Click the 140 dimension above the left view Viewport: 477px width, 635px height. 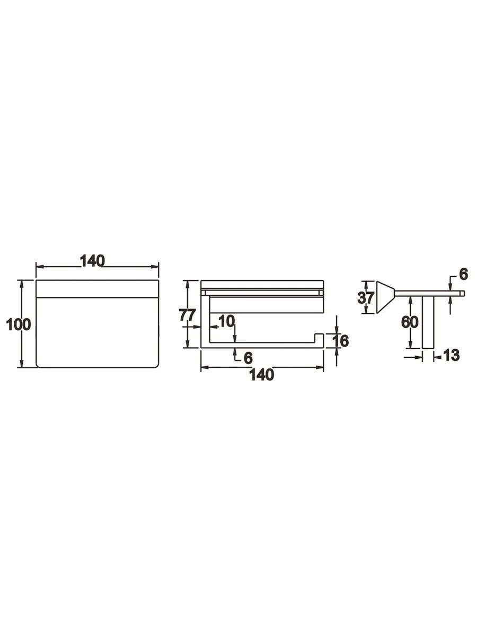coord(92,261)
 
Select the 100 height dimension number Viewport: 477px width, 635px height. coord(18,324)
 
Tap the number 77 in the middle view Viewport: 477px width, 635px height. coord(188,315)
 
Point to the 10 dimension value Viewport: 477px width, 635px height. coord(226,321)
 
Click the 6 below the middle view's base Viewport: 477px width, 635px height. coord(248,358)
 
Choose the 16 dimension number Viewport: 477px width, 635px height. coord(340,341)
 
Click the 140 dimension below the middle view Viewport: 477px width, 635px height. coord(261,375)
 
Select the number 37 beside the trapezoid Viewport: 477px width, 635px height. coord(366,298)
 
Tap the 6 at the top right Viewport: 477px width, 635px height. coord(463,274)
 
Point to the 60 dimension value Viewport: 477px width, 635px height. coord(410,322)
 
